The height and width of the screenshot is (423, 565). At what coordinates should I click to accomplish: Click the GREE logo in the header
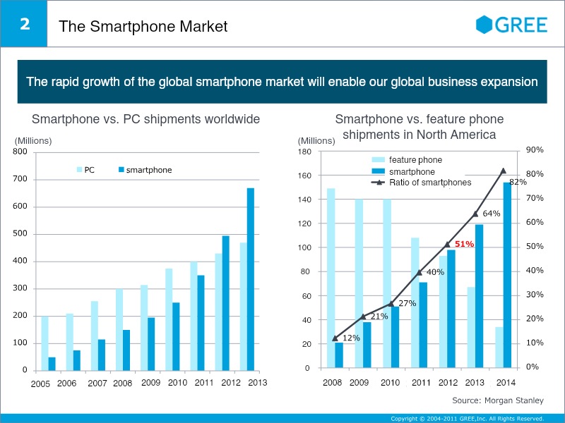(512, 25)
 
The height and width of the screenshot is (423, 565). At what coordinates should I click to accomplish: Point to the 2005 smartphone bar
(52, 364)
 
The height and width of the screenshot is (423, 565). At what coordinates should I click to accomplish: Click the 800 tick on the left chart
(20, 152)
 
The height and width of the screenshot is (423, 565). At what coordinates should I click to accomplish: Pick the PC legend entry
(85, 170)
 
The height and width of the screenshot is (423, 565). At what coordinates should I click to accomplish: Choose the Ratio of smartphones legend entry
(421, 183)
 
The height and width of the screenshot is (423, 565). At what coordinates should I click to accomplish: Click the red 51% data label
(464, 244)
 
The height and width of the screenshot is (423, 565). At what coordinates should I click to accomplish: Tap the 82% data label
(518, 183)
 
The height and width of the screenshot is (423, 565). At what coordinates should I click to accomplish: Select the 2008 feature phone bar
(331, 278)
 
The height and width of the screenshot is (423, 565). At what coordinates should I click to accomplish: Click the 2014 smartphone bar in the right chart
(507, 275)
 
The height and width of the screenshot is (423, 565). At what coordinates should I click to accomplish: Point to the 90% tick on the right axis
(534, 149)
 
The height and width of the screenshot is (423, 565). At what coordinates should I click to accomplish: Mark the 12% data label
(352, 338)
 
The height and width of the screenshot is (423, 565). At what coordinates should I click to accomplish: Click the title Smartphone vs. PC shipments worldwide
(146, 119)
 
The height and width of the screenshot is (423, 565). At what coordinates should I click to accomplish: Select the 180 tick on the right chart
(305, 151)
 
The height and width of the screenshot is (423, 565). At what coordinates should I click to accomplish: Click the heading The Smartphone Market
(143, 27)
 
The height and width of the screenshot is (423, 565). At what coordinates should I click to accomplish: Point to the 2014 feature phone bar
(500, 348)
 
